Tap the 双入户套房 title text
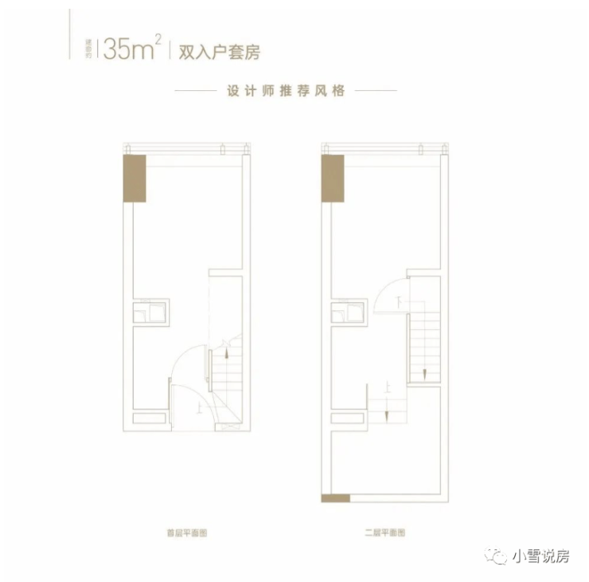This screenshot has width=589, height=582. point(209,53)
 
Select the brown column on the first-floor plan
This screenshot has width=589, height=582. point(134,179)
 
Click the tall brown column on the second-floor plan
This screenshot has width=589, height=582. point(332,179)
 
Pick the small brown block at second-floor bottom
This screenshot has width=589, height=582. point(335,498)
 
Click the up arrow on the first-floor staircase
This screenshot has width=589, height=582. point(228,348)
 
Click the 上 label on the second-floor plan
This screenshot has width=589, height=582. point(386,391)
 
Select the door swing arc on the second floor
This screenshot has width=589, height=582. point(388,295)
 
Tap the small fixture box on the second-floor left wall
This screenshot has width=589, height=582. point(349,310)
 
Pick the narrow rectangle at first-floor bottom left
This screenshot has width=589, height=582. point(150,418)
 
